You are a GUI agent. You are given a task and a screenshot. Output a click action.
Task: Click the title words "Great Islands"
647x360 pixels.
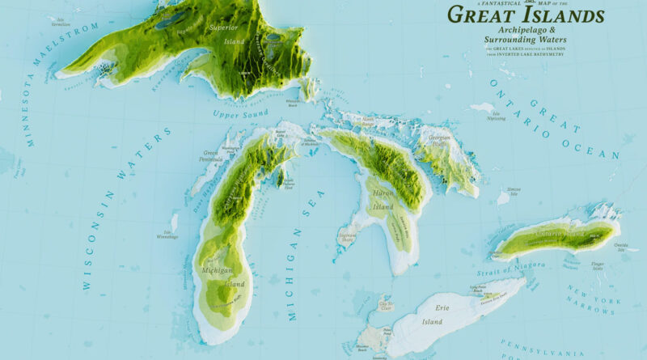tap(525, 15)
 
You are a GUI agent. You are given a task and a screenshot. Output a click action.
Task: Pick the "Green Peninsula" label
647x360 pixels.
tap(211, 155)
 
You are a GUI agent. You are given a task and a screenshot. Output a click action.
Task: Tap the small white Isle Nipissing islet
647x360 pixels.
tap(483, 107)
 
